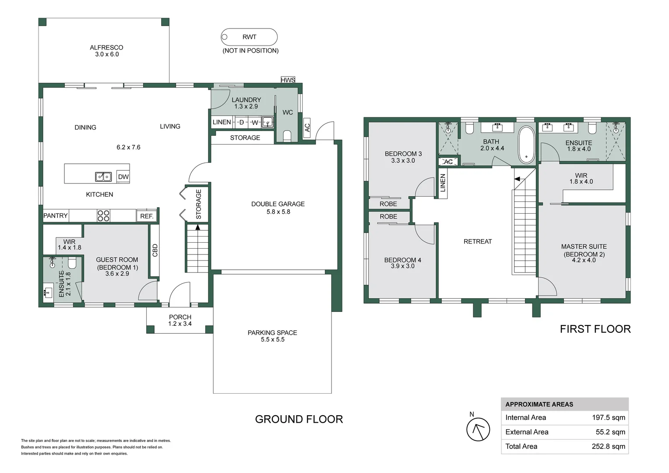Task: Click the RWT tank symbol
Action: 249,37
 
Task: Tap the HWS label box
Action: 288,80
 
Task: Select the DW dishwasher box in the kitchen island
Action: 123,176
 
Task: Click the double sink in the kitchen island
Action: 103,176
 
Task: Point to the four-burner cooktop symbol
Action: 103,216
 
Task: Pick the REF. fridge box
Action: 147,216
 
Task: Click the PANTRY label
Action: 55,215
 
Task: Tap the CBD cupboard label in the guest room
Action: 155,251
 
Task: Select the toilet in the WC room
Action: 287,136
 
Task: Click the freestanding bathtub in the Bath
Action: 526,145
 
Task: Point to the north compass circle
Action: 478,429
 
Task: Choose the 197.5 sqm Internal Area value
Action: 609,417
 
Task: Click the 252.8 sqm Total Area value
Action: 609,446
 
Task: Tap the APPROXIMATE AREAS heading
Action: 539,404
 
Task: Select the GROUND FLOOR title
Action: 299,419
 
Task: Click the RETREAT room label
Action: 478,241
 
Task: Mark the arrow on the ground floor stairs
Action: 197,227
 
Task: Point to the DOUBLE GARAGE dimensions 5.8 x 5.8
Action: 278,212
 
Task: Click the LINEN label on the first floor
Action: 443,183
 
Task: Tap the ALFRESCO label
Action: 106,47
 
